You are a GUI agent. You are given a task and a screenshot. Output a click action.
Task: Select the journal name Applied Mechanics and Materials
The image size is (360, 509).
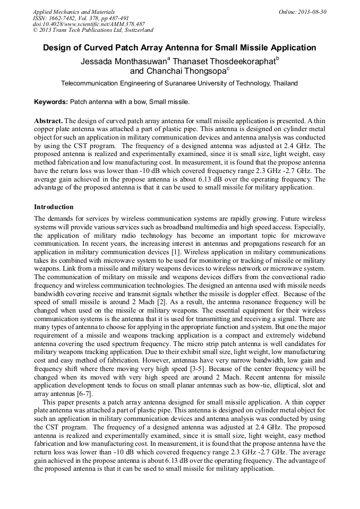tap(73, 11)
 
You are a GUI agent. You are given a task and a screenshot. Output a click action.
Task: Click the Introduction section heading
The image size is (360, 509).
tap(54, 206)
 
